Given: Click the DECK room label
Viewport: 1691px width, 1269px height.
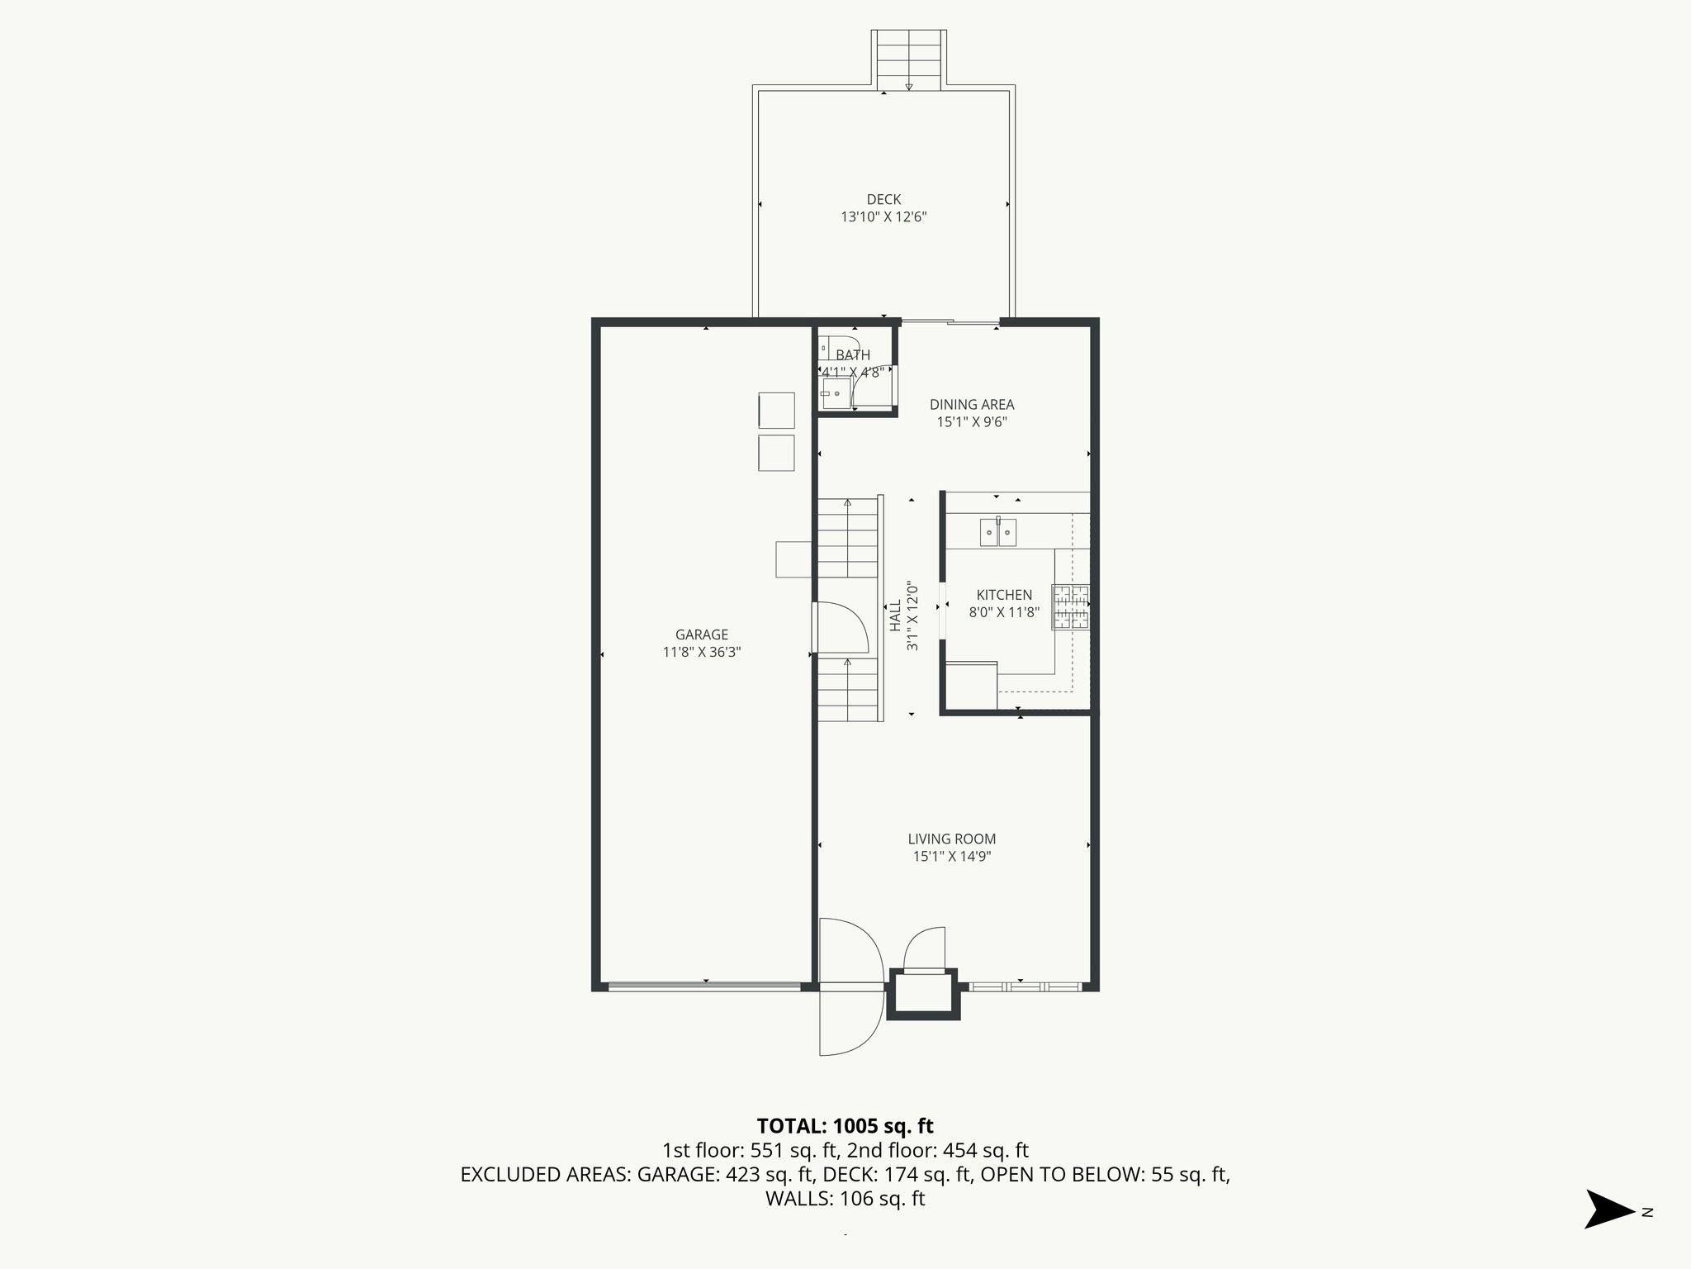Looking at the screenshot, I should (883, 199).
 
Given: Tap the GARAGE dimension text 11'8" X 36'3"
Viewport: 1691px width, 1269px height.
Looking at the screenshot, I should (702, 653).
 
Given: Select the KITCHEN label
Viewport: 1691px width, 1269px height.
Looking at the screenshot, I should (1004, 595).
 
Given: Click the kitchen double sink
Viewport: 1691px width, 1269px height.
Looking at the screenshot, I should (998, 533).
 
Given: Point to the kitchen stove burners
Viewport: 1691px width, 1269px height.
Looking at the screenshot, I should (1071, 607).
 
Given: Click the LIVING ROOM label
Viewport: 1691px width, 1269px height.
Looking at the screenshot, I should (951, 839).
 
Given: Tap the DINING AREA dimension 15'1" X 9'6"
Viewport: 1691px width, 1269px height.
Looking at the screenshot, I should (972, 422).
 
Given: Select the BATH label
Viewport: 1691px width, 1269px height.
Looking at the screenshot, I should (853, 355).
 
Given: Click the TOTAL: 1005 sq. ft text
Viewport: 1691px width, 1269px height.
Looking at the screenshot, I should (845, 1125).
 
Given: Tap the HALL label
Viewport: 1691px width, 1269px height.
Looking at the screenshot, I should (895, 615).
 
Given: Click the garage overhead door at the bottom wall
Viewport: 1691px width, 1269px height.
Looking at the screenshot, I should (704, 986).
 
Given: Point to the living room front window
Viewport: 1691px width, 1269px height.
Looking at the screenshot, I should (1024, 986).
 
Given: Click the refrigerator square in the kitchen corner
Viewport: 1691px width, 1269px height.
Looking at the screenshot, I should (972, 686).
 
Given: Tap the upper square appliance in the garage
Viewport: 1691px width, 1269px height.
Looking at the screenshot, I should (776, 411).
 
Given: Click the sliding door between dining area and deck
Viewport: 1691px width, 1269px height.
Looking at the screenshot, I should (950, 322).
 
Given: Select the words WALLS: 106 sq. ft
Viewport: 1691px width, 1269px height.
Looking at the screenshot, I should (845, 1199).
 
